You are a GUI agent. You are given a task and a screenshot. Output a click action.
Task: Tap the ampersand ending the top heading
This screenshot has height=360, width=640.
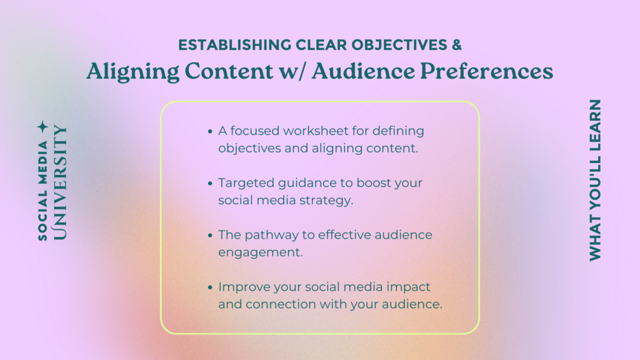click(457, 45)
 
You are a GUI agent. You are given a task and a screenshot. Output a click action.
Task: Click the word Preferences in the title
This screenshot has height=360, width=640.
click(487, 71)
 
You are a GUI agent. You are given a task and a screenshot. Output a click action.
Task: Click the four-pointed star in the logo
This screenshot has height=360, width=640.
click(43, 127)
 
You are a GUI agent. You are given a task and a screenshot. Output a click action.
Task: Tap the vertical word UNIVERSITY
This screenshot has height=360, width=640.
click(60, 182)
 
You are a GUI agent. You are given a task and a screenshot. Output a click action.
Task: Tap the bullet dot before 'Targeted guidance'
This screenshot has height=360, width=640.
click(210, 184)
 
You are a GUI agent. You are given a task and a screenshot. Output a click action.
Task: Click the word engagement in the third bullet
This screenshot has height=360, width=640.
click(260, 253)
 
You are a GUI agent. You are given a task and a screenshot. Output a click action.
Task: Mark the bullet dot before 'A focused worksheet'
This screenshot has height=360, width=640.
click(210, 131)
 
